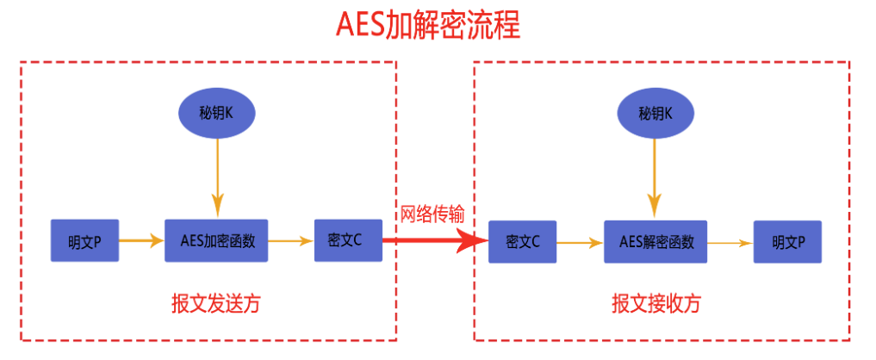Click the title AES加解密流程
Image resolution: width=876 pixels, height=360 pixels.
pos(428,25)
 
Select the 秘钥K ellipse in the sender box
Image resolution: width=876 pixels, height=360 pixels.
pos(218,113)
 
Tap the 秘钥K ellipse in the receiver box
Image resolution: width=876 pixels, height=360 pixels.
pos(655,113)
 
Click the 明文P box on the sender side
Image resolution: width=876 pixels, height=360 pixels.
pos(84,240)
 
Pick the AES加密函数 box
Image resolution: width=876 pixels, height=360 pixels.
pos(217,240)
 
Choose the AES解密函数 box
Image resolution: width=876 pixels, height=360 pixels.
pos(656,242)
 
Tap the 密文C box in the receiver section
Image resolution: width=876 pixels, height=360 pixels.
pos(523,243)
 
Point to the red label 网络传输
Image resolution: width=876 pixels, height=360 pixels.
pos(432,214)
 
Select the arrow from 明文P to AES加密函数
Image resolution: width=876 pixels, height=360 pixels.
pos(141,240)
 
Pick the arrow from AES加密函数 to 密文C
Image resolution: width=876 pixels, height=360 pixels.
pos(292,240)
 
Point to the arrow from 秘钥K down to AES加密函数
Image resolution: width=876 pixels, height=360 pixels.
pos(218,177)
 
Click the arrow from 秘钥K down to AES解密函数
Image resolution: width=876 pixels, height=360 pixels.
pos(655,177)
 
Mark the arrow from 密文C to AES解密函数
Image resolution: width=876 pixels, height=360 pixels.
pos(581,243)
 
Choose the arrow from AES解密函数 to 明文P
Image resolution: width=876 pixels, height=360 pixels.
pos(730,243)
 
